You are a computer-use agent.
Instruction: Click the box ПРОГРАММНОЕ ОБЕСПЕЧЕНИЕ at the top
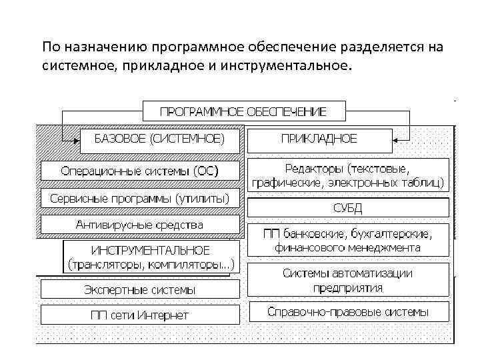point(243,110)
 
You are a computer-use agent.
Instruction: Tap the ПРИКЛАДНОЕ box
point(319,139)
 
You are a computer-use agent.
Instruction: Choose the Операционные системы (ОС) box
point(139,171)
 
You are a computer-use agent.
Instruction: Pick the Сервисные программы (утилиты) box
point(139,199)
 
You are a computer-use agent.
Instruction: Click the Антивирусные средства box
point(139,225)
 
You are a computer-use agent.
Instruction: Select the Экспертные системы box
point(139,289)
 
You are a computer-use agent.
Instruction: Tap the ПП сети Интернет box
point(139,314)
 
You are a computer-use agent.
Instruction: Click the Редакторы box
point(347,175)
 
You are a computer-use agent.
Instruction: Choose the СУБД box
point(347,208)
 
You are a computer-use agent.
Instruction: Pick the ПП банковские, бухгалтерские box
point(347,241)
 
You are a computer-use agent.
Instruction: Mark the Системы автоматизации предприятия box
point(347,281)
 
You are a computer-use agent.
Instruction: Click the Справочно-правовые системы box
point(347,311)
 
